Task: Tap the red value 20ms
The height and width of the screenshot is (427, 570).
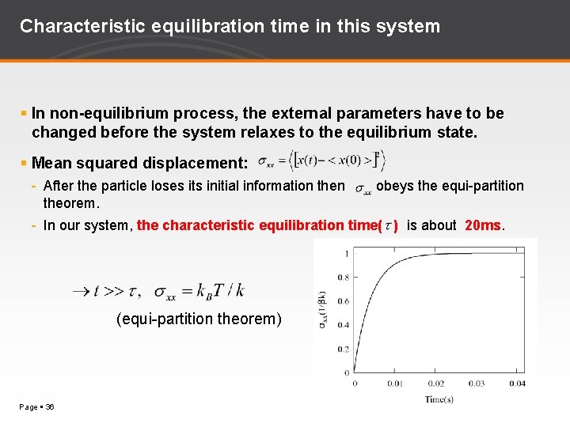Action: point(483,225)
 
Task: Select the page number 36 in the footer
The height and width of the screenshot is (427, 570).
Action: point(50,406)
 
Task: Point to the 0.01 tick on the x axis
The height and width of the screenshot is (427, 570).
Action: point(393,384)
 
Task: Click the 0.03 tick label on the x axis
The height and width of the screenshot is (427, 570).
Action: point(477,384)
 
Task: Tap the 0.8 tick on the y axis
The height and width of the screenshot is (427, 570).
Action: point(343,278)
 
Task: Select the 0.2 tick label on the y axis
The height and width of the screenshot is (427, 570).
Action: point(343,349)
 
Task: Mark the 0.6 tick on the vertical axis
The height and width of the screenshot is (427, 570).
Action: point(343,301)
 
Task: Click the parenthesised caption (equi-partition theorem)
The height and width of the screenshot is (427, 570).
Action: point(199,319)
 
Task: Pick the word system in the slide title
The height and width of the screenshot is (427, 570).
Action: point(410,26)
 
